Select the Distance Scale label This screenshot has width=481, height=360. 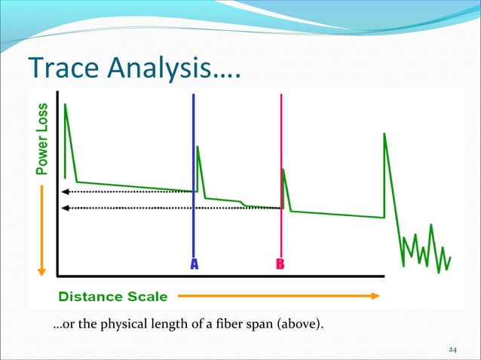[x=113, y=296]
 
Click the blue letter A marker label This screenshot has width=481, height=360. [x=194, y=265]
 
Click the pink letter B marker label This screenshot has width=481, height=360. [x=280, y=265]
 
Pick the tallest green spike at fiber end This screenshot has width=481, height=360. [x=384, y=135]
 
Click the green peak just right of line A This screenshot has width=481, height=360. [x=198, y=147]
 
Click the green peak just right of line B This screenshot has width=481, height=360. [x=283, y=170]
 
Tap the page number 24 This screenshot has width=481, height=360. [x=453, y=349]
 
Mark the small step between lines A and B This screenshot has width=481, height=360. [x=241, y=203]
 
